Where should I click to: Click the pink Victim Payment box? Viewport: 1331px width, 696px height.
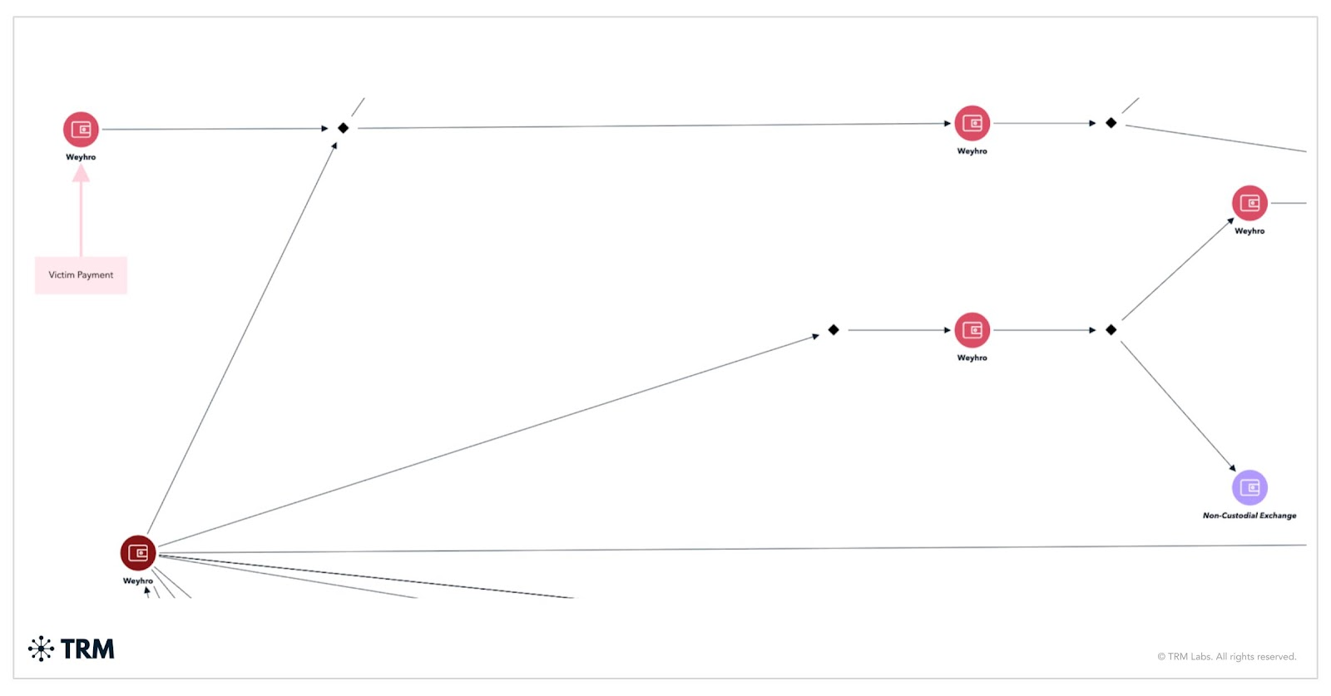pyautogui.click(x=81, y=275)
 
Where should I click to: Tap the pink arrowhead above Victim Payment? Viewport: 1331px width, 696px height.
pyautogui.click(x=81, y=173)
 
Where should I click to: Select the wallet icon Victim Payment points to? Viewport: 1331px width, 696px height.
pyautogui.click(x=81, y=130)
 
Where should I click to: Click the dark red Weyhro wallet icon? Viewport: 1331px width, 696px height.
pyautogui.click(x=138, y=553)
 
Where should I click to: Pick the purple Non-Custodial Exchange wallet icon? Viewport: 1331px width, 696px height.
pyautogui.click(x=1249, y=487)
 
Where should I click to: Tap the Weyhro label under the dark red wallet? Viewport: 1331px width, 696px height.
pyautogui.click(x=138, y=581)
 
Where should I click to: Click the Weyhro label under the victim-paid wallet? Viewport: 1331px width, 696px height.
pyautogui.click(x=81, y=157)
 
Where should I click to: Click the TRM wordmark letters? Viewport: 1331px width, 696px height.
pyautogui.click(x=87, y=649)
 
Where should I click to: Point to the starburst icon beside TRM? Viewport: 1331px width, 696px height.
pyautogui.click(x=41, y=649)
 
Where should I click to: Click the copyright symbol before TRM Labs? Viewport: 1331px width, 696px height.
pyautogui.click(x=1161, y=657)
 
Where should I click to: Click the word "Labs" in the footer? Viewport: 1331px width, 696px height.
pyautogui.click(x=1200, y=657)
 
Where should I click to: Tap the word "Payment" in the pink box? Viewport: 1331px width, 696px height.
pyautogui.click(x=96, y=275)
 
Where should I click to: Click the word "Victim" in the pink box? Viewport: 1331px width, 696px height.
pyautogui.click(x=62, y=275)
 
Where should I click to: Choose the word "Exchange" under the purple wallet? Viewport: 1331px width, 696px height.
pyautogui.click(x=1278, y=516)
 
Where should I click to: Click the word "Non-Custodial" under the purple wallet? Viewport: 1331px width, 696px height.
pyautogui.click(x=1230, y=516)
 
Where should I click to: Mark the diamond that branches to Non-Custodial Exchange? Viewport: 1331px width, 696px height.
pyautogui.click(x=1111, y=330)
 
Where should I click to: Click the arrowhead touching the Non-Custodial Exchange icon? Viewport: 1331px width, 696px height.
pyautogui.click(x=1232, y=468)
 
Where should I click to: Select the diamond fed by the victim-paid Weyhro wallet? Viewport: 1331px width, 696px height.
pyautogui.click(x=343, y=128)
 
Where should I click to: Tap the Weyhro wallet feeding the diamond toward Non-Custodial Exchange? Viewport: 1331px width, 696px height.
pyautogui.click(x=972, y=330)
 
